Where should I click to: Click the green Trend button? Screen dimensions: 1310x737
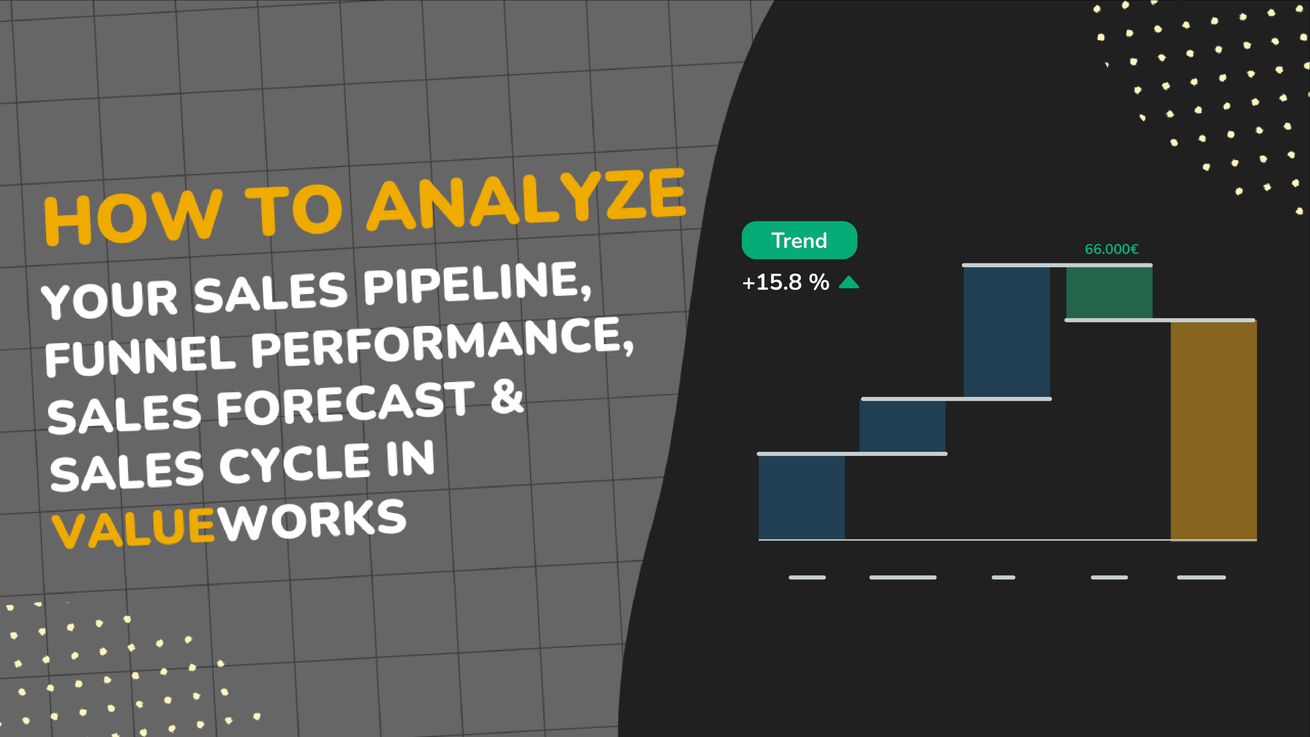[x=799, y=240]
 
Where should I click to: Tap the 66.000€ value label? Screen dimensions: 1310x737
[x=1111, y=249]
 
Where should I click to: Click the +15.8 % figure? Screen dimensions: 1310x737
[x=786, y=282]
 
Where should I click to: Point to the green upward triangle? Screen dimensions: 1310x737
[x=848, y=282]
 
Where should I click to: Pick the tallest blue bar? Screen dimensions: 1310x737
[x=1006, y=332]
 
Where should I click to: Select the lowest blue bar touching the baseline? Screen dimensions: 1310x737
[x=802, y=497]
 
